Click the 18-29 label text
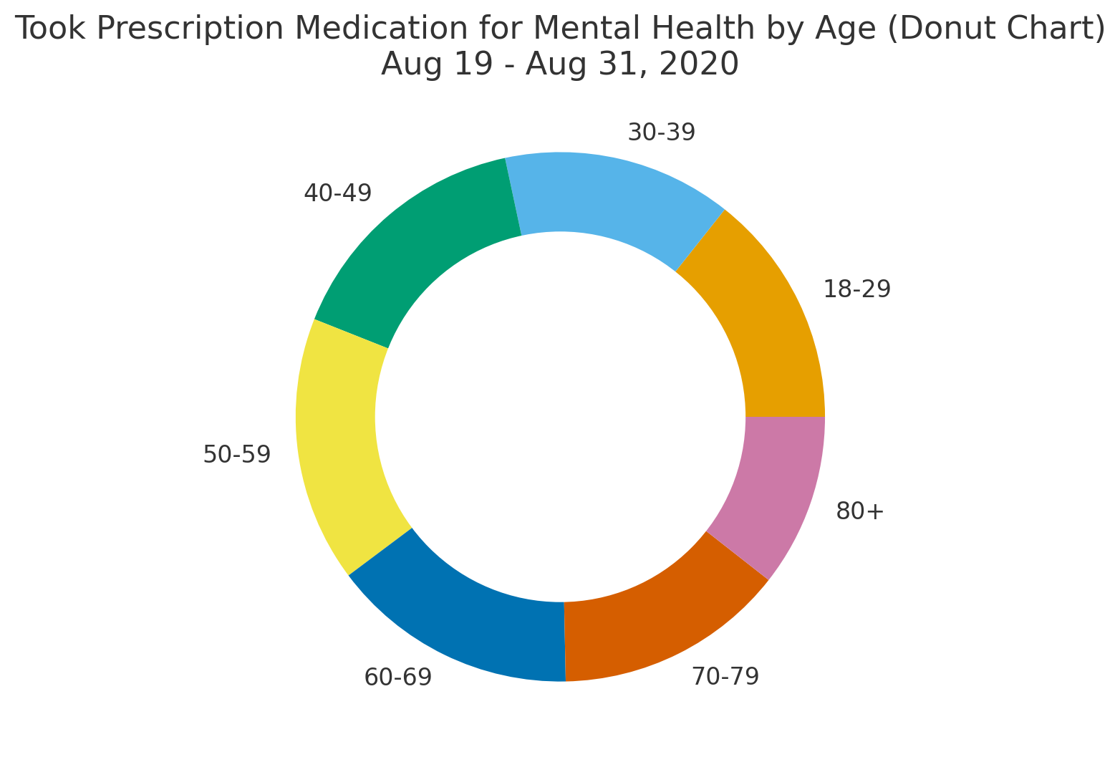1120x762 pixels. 856,289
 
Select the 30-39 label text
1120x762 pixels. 661,132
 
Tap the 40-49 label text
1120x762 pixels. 338,193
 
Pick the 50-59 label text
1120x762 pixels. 237,454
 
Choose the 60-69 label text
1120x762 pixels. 398,677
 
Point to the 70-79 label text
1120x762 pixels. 725,676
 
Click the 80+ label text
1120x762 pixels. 860,511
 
